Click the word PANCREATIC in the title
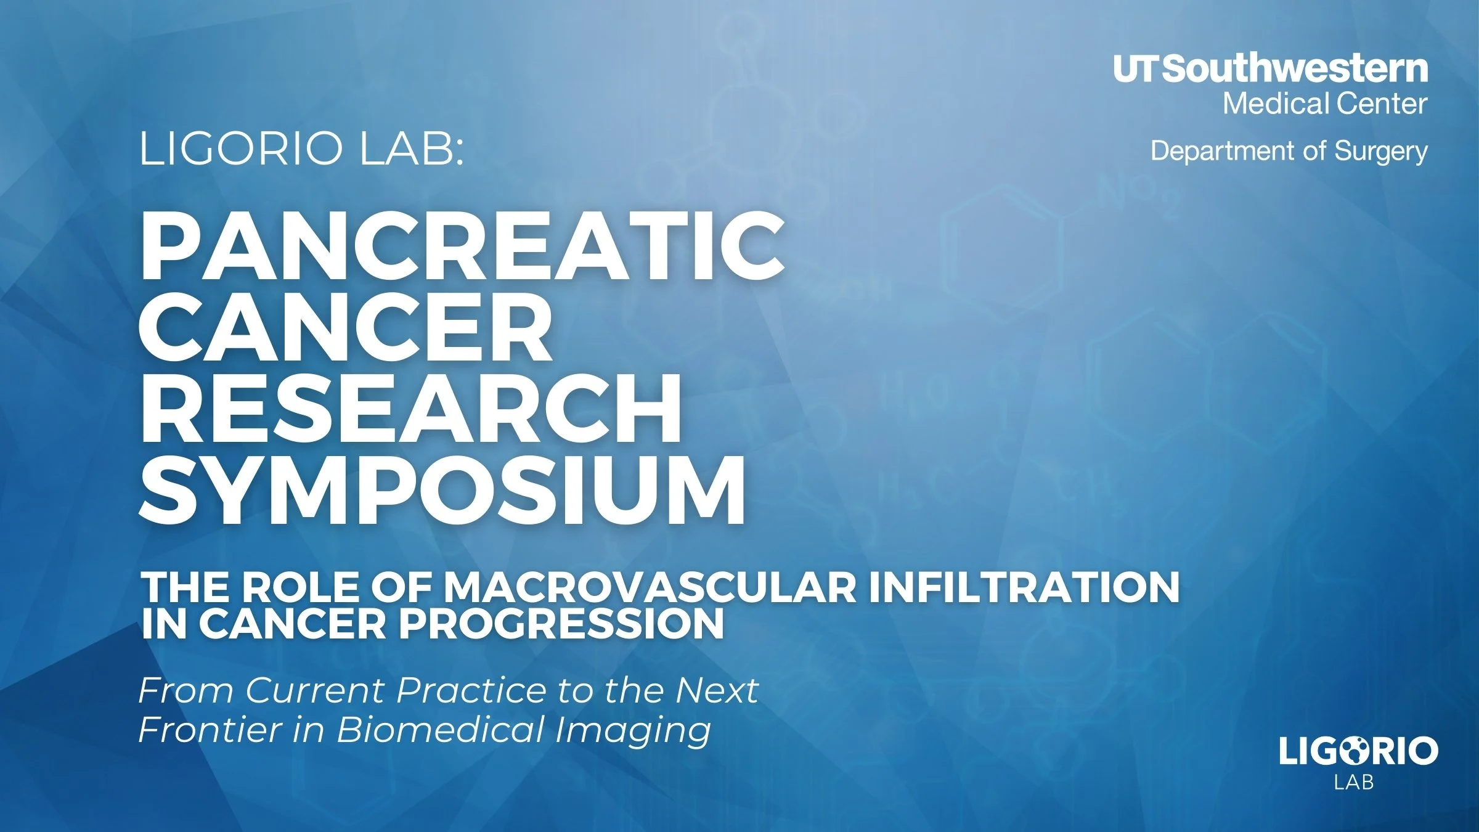[x=462, y=247]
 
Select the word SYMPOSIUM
[x=442, y=491]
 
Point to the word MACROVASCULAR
[x=650, y=587]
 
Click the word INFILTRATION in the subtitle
[x=1024, y=587]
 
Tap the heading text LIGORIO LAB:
[x=301, y=150]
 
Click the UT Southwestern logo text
[x=1270, y=68]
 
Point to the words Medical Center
[x=1325, y=104]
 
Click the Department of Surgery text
[x=1289, y=151]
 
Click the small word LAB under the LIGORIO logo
[x=1354, y=783]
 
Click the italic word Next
[x=717, y=690]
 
